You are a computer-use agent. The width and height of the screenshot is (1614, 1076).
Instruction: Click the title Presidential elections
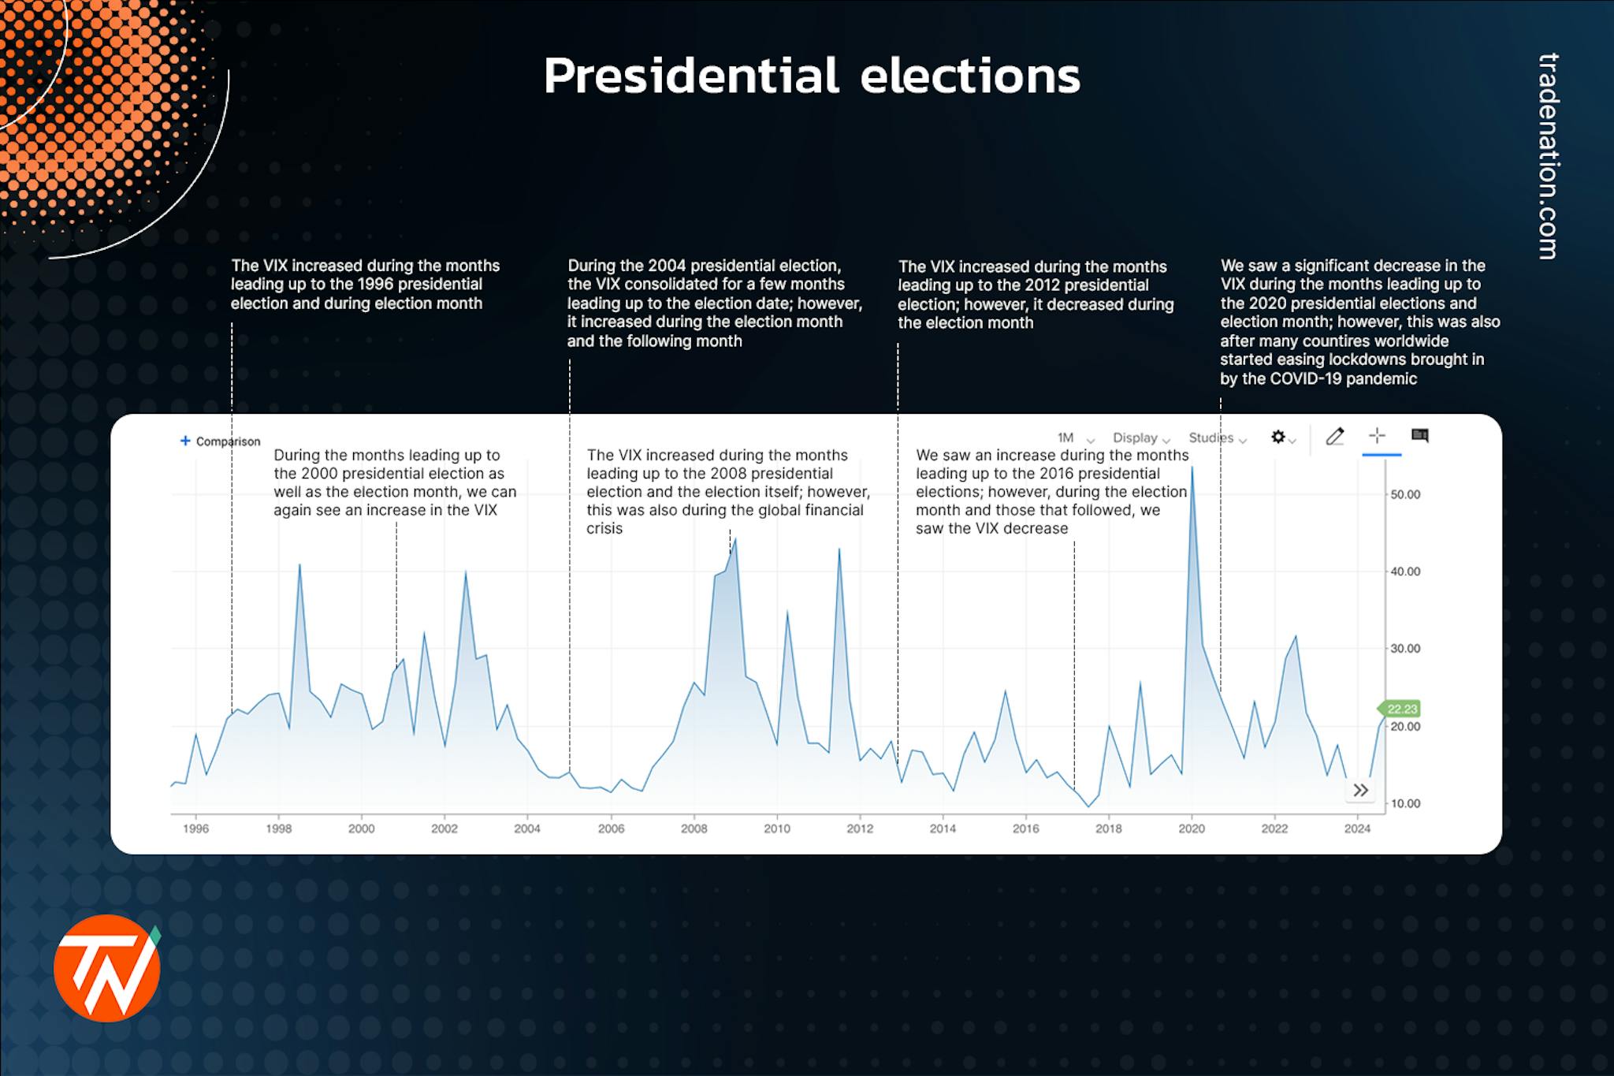812,76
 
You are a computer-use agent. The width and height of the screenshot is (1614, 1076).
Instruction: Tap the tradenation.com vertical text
1549,155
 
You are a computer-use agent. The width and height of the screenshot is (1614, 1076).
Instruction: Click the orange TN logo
107,968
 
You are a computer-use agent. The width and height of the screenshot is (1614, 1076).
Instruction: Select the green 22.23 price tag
1402,709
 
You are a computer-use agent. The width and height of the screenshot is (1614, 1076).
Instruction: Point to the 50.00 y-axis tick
1404,494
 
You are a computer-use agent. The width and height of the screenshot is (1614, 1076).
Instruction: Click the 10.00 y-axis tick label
1404,803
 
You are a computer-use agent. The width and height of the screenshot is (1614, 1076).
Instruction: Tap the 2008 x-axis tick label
694,828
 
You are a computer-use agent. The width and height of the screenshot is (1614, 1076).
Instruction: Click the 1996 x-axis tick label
195,828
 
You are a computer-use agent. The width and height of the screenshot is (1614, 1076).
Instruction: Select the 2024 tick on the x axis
1357,828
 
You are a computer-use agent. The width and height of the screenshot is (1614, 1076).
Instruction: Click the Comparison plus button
186,441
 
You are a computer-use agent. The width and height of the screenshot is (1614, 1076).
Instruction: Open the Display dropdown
1140,438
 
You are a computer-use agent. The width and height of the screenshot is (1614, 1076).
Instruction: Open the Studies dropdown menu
1217,438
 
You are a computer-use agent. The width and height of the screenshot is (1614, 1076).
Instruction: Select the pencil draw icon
1334,437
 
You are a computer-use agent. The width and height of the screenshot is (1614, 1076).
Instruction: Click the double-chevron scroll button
1360,790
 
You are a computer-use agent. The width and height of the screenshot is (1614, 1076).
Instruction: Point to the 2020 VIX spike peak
1192,469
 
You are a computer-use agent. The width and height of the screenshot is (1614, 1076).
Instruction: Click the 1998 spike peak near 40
299,565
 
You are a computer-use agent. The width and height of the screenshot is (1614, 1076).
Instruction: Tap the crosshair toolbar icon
1377,436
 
